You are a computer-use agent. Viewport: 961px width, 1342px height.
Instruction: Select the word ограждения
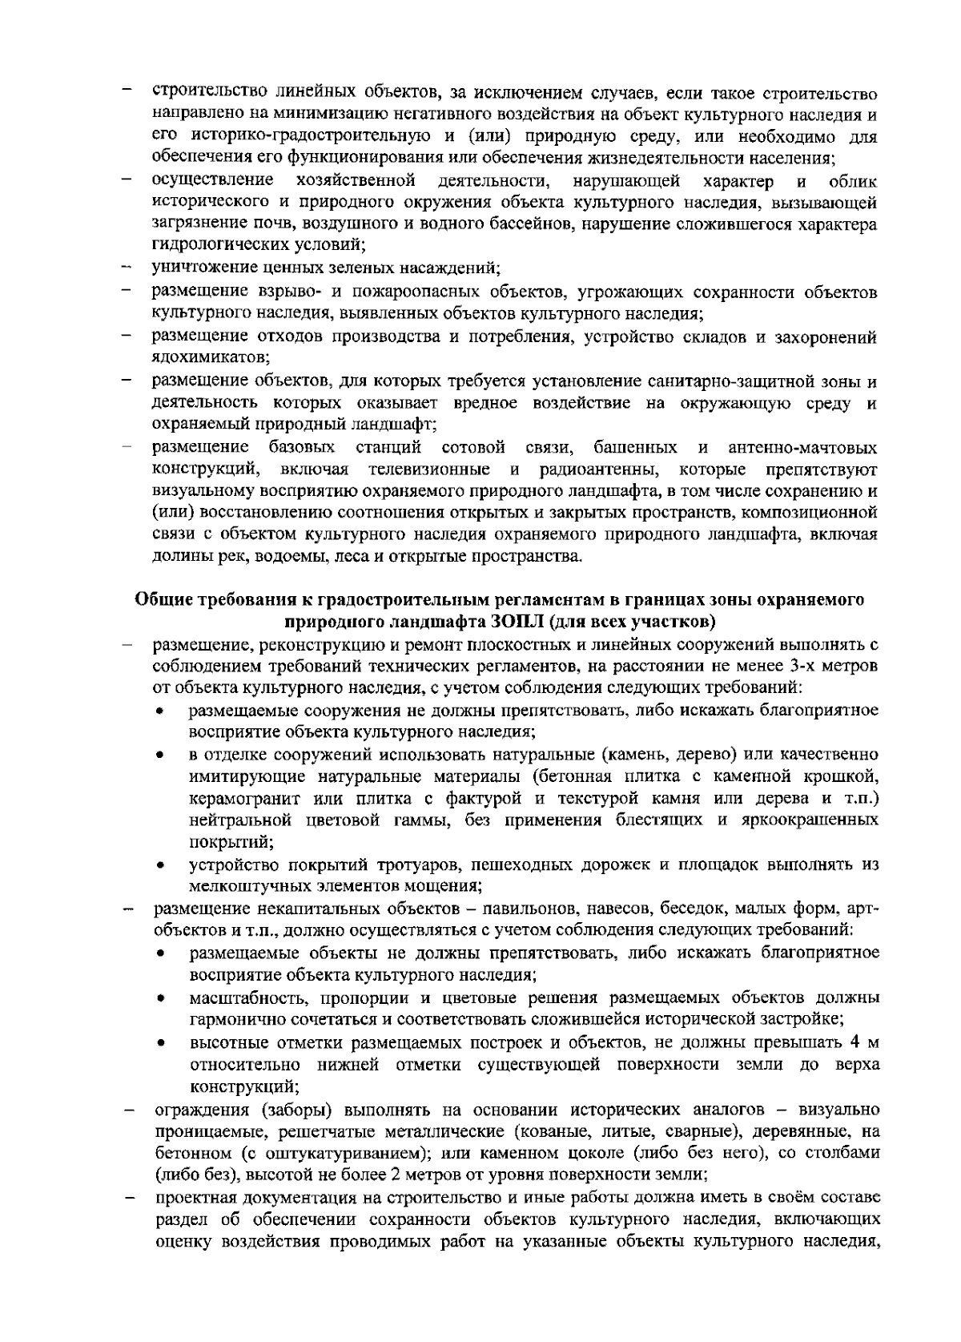201,1110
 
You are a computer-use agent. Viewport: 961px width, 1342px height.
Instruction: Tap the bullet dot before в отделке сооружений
161,756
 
